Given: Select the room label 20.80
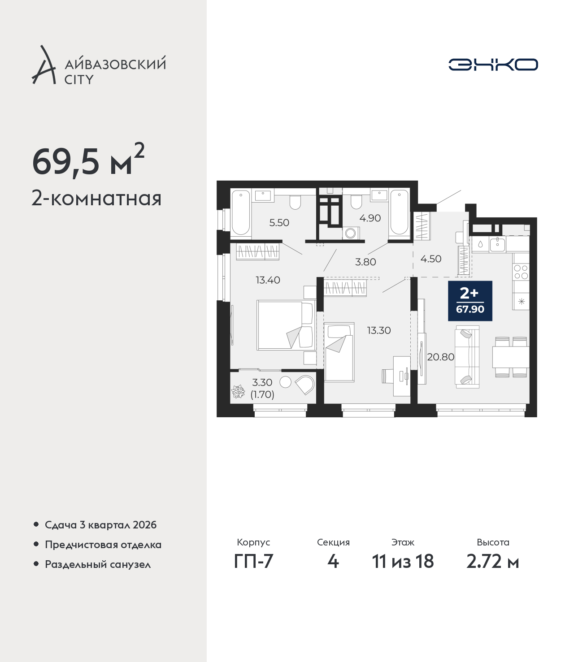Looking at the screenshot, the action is coord(441,357).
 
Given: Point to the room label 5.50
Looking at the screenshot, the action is coord(279,223).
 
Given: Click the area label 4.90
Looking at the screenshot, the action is coord(370,218).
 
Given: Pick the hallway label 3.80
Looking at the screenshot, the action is coord(365,262).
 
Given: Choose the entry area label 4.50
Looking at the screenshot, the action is coord(431,259).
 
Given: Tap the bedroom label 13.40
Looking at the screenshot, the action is coord(268,280).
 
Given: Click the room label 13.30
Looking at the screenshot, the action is coord(379,330).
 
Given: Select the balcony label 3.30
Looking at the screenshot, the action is coord(262,382).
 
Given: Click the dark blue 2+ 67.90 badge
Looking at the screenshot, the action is coord(470,301).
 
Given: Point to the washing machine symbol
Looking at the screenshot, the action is coord(351,233).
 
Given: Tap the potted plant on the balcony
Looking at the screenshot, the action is coord(238,392).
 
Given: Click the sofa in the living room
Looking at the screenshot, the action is coord(467,357).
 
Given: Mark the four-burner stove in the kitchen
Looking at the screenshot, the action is coord(521,272).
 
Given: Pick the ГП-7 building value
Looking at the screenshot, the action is coord(253,562).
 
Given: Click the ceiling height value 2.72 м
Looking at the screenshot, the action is coord(492,562).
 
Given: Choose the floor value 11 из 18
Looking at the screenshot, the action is coord(403,562).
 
